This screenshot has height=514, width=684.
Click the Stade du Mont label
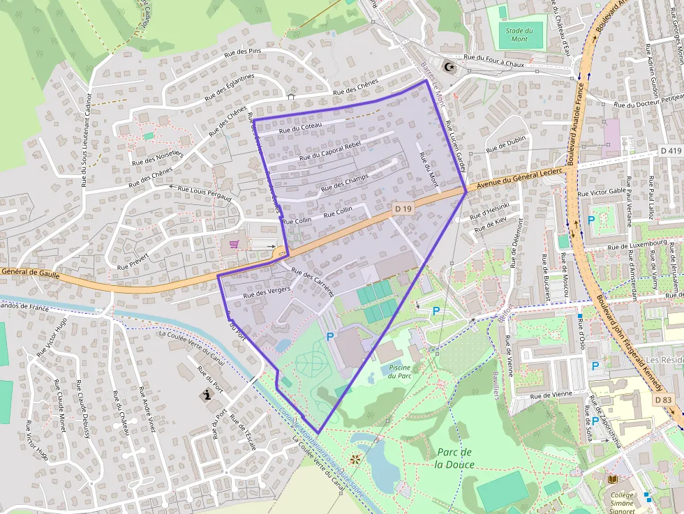click(520, 35)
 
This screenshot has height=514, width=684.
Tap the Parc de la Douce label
click(454, 458)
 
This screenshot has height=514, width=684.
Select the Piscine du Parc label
click(400, 372)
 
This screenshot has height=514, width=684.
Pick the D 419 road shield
click(670, 151)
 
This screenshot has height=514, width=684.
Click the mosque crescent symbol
click(450, 68)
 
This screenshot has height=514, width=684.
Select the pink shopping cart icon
click(234, 244)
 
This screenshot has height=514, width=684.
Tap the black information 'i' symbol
click(207, 396)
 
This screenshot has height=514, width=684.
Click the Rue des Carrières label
click(312, 283)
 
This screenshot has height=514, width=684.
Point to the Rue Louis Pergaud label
click(205, 193)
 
